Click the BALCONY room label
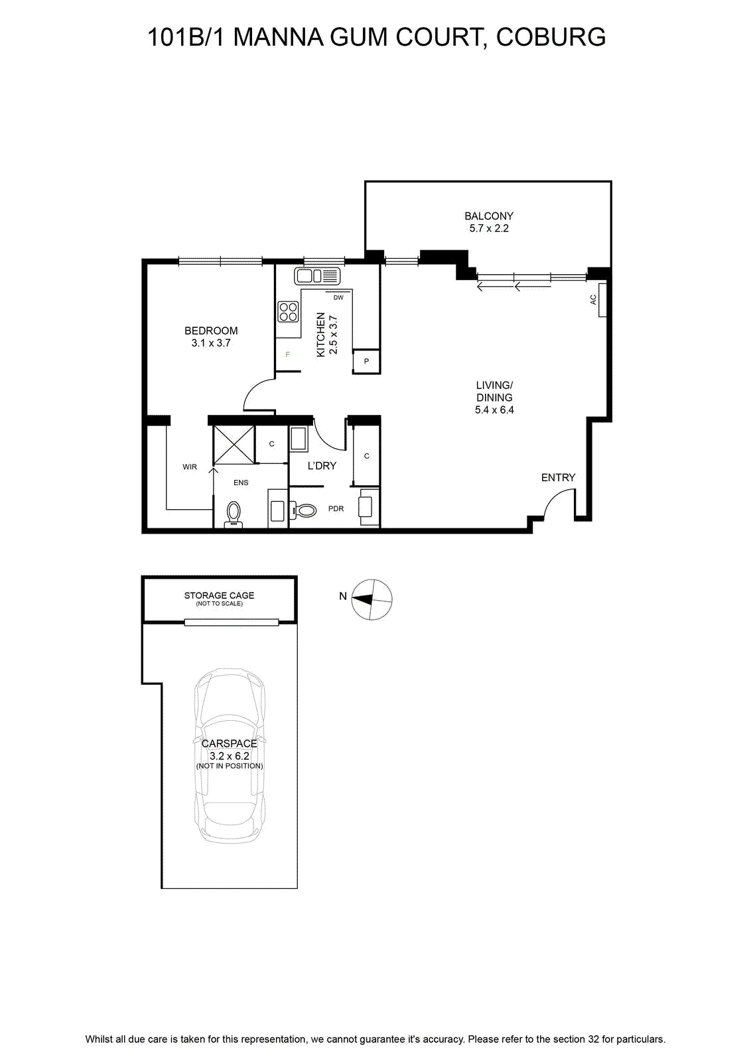coord(488,216)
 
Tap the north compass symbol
coord(372,599)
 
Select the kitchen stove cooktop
coord(288,311)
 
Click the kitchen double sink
coord(317,275)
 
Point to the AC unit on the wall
coord(602,299)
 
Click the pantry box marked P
coord(366,361)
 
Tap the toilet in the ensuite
coord(233,514)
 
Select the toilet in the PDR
coord(305,510)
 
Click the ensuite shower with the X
coord(234,445)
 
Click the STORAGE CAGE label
coord(219,595)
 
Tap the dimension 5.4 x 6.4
coord(494,410)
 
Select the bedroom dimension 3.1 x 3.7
coord(211,343)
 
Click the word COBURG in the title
coord(551,37)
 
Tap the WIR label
coord(190,467)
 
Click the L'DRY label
coord(322,466)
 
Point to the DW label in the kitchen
coord(338,298)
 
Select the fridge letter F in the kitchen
coord(287,354)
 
